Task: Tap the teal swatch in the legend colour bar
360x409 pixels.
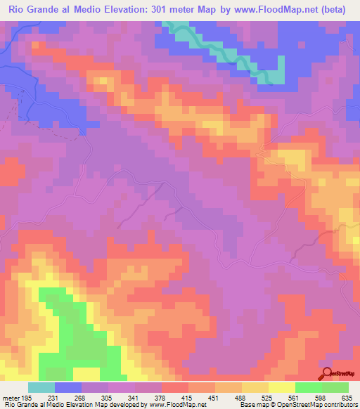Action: [41, 387]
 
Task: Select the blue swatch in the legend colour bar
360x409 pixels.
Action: [68, 387]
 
